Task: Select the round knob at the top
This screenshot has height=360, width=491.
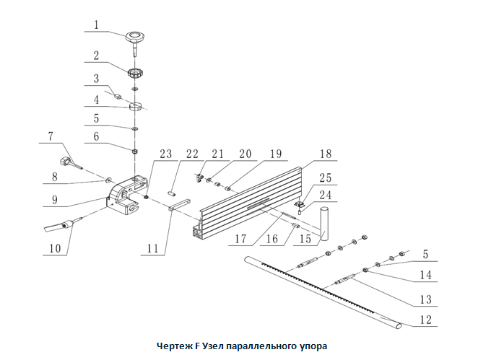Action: point(135,36)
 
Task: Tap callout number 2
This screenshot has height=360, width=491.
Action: point(95,55)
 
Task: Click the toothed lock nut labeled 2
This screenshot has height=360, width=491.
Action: point(135,73)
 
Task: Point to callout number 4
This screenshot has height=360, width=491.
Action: point(95,101)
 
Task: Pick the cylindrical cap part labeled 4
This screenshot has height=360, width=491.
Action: point(136,107)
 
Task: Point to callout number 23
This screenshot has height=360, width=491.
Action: point(166,154)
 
